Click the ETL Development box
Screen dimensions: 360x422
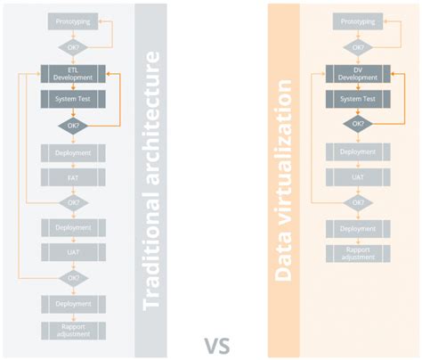coord(74,73)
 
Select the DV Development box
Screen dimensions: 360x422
coord(356,73)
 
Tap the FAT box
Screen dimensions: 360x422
coord(74,177)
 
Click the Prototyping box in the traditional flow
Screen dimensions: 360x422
coord(74,20)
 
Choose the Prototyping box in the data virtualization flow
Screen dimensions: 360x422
coord(356,20)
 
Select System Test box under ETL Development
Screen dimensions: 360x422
coord(74,99)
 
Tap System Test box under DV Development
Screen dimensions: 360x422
coord(356,99)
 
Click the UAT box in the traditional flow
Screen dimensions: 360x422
coord(74,252)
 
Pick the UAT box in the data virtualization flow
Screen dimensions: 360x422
coord(356,177)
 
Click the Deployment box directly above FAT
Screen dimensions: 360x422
coord(74,152)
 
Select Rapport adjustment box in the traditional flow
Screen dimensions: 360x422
coord(74,330)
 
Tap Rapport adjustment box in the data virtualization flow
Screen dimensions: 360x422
coord(356,254)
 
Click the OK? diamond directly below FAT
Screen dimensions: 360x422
coord(74,202)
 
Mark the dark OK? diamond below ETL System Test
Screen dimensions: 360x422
coord(74,126)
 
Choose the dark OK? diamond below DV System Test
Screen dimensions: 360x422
coord(356,126)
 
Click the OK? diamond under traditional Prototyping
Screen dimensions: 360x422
coord(74,46)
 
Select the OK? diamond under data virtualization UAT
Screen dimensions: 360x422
coord(356,202)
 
